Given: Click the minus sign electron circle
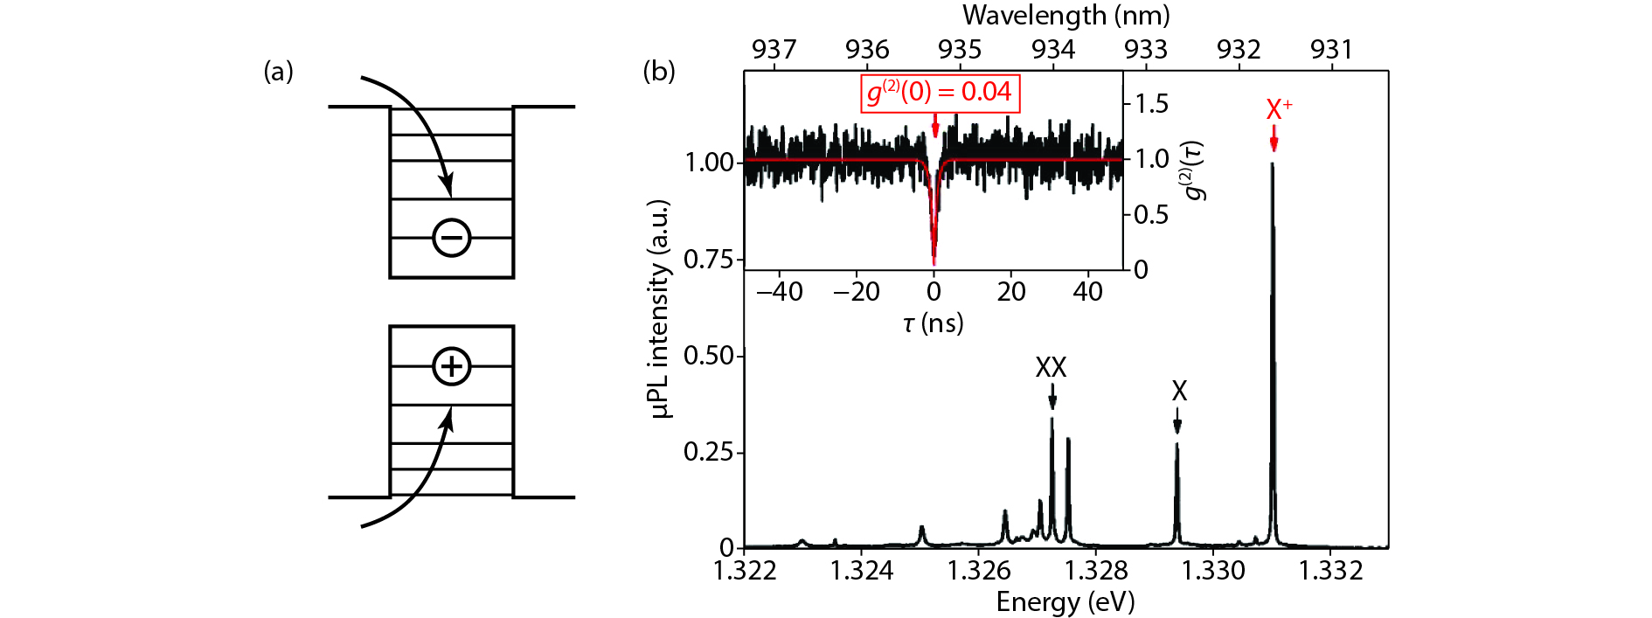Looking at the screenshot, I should (452, 238).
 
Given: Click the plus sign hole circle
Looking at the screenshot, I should (452, 366).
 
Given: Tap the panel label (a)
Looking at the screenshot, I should (279, 72).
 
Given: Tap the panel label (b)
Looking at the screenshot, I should (659, 71).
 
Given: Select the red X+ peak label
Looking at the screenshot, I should (1279, 110).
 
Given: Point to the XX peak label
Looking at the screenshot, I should (1051, 368).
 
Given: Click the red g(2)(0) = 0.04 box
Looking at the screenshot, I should (940, 93).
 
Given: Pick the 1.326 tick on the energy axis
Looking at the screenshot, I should (979, 571).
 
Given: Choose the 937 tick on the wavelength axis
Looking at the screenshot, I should (774, 50).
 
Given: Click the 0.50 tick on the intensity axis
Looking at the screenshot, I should (708, 356).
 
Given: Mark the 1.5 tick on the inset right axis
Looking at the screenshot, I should (1151, 104).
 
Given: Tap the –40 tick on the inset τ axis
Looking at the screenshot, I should (779, 292).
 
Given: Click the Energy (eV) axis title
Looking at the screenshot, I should (1065, 602).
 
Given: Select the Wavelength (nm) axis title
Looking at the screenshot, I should (1065, 15).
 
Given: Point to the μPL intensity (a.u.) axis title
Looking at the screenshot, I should (661, 309).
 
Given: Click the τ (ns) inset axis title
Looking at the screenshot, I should (933, 323).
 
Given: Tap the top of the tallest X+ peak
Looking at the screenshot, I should (1273, 163).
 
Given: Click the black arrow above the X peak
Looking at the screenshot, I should (1177, 422).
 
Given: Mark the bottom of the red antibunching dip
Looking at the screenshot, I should (934, 262).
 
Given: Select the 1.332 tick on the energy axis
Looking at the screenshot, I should (1330, 571).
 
